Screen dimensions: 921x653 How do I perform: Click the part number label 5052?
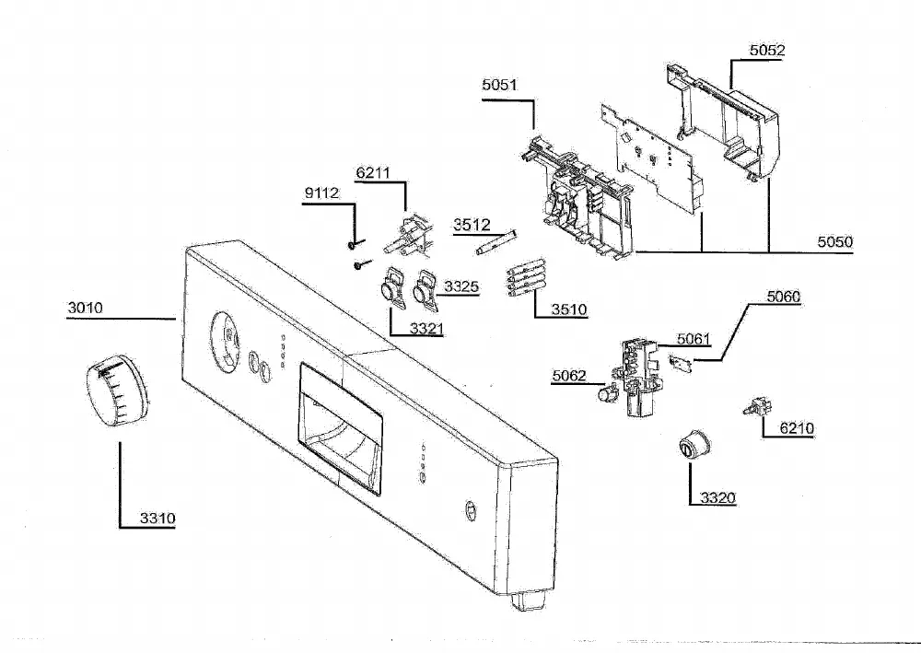[x=766, y=51]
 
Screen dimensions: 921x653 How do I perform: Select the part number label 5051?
[x=499, y=85]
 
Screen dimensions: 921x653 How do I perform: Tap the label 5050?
[x=834, y=242]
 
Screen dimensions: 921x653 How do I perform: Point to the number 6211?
[x=373, y=172]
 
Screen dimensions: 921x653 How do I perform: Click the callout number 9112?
[x=321, y=193]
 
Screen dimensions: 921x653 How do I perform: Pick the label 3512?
[x=472, y=225]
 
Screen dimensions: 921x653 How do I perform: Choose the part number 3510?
[x=568, y=309]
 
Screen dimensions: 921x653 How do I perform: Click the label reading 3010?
[x=85, y=308]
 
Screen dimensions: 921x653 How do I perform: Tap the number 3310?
[x=157, y=519]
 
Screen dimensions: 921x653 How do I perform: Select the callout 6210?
[x=797, y=428]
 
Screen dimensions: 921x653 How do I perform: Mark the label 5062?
[x=568, y=376]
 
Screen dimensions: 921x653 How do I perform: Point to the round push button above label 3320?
[x=694, y=445]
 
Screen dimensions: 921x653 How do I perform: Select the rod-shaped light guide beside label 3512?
[x=497, y=242]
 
